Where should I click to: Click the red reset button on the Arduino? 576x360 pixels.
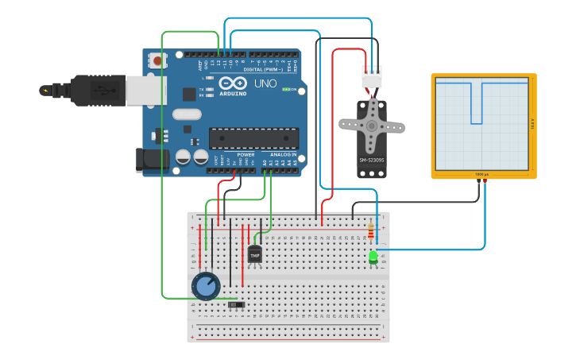[157, 60]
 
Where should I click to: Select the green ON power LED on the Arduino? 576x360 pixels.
[286, 90]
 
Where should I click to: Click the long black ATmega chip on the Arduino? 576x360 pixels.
[253, 138]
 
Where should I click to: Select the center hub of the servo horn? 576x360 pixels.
[371, 126]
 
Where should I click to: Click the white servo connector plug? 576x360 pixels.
[371, 78]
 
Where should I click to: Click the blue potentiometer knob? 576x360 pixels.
[206, 287]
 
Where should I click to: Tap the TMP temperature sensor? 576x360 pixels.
[254, 255]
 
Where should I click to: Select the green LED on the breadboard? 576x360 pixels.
[373, 257]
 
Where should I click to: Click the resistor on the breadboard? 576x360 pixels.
[372, 232]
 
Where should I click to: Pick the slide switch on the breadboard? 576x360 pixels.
[236, 304]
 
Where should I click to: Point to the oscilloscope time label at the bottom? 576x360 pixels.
[481, 174]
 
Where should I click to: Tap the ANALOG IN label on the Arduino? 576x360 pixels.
[283, 154]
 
